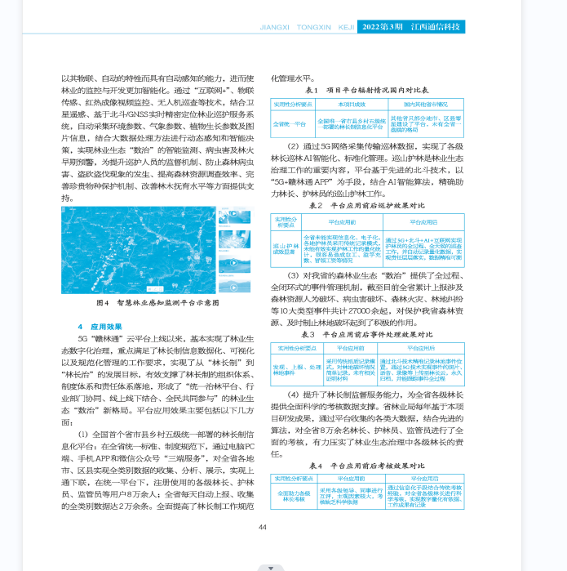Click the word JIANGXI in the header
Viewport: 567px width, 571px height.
(275, 26)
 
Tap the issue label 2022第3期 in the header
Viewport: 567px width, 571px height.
(381, 26)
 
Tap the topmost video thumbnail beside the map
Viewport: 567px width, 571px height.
(234, 216)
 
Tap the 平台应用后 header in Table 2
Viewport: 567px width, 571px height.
(423, 221)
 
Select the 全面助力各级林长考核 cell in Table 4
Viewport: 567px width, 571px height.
(294, 495)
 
